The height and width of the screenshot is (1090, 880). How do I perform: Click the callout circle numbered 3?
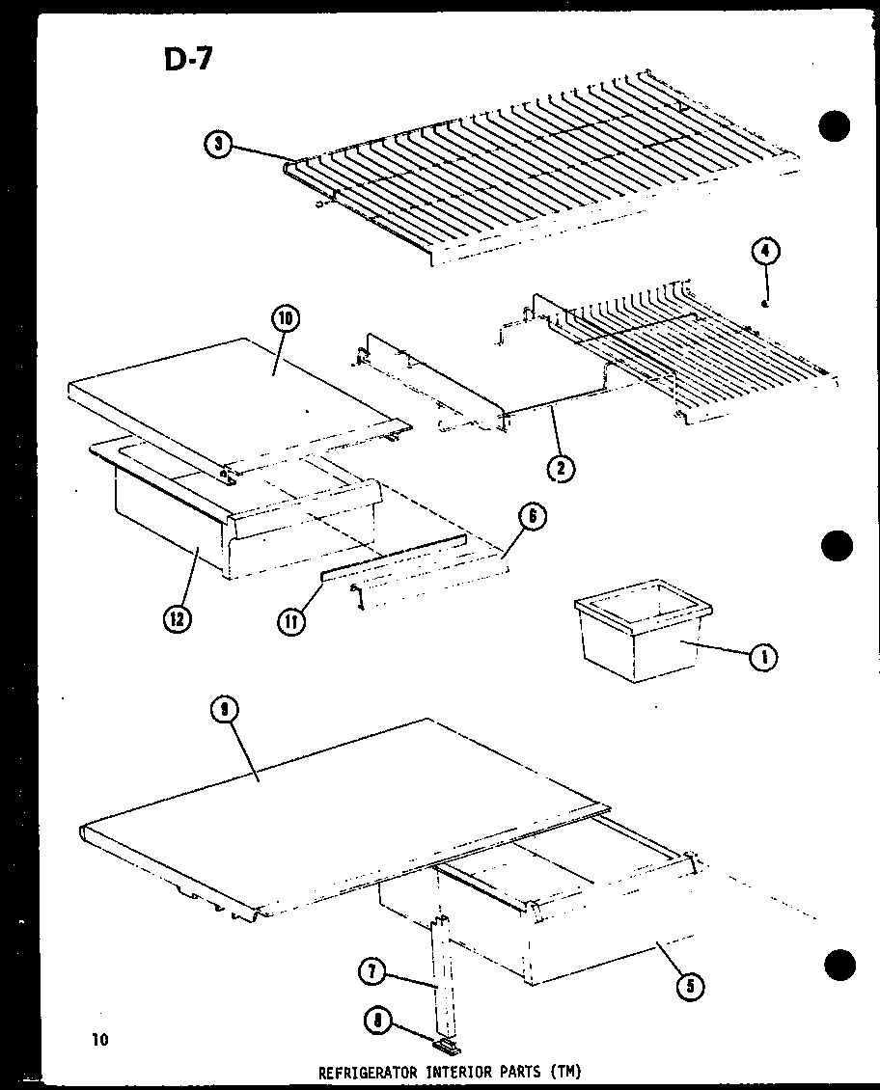tap(219, 145)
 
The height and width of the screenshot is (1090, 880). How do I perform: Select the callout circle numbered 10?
tap(288, 319)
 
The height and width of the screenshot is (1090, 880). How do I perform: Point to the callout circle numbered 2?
tap(560, 469)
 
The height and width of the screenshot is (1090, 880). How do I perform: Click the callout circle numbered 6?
tap(533, 517)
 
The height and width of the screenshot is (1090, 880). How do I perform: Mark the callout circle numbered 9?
tap(224, 712)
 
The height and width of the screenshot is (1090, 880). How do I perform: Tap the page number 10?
tap(100, 1039)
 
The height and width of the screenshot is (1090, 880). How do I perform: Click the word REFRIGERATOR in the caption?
tap(364, 1072)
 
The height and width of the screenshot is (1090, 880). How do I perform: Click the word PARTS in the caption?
tap(522, 1072)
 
